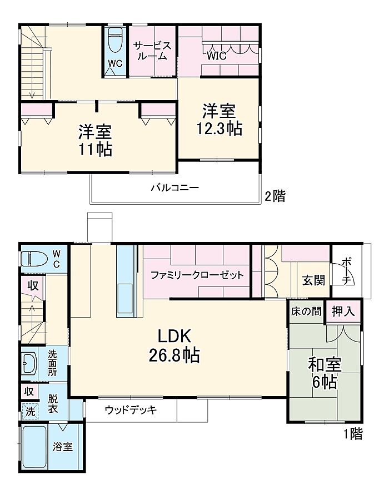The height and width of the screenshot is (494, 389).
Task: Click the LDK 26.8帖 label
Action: click(174, 345)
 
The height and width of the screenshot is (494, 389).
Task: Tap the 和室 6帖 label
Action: click(325, 373)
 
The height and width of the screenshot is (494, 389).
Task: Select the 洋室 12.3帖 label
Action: click(220, 120)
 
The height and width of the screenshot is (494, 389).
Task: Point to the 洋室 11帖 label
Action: click(95, 141)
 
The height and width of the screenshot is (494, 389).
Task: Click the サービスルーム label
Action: click(152, 51)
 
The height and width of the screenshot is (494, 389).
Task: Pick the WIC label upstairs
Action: click(217, 56)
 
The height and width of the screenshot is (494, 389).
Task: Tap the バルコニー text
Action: click(175, 188)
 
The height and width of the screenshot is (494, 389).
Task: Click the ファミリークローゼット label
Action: click(197, 275)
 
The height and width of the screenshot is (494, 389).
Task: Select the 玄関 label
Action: click(313, 280)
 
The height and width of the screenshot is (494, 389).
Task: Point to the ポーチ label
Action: click(347, 270)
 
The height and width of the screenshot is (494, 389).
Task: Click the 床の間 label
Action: click(306, 312)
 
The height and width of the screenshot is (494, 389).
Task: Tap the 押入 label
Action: click(343, 312)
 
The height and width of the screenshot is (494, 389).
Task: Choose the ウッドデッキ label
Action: click(131, 410)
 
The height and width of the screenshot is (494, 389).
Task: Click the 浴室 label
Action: click(63, 446)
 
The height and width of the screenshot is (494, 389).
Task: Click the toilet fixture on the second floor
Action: click(115, 40)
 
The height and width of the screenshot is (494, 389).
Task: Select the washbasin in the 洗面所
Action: click(29, 364)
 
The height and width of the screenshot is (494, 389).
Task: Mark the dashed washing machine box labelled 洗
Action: click(30, 411)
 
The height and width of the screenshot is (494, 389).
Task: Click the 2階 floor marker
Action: click(275, 196)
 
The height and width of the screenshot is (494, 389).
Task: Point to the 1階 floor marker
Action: click(353, 434)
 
